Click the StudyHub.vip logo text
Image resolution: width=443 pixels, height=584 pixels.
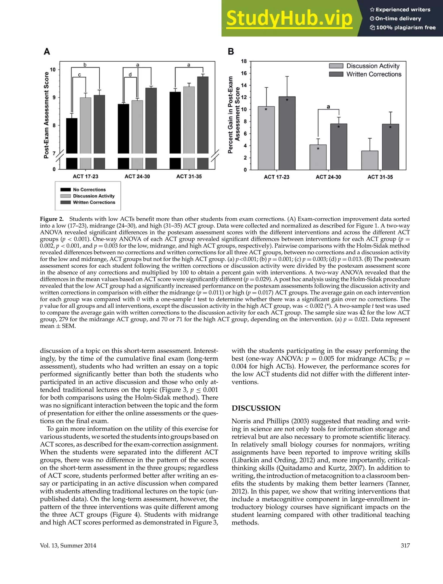[289, 18]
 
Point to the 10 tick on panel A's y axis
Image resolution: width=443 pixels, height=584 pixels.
[53, 70]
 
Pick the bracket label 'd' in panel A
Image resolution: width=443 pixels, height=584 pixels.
[130, 75]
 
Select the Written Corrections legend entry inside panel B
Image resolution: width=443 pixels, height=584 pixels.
[374, 74]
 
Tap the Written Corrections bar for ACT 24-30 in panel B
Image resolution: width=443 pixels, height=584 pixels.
[339, 146]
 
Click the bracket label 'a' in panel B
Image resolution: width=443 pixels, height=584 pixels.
[328, 107]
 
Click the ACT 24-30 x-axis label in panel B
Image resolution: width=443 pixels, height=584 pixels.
[328, 177]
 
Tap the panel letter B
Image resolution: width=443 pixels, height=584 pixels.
[231, 51]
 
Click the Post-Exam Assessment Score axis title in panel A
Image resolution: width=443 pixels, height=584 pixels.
[47, 115]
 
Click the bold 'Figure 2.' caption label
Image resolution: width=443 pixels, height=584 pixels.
[52, 219]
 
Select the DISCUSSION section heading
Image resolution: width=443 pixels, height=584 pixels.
[256, 408]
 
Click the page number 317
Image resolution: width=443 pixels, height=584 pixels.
[405, 545]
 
